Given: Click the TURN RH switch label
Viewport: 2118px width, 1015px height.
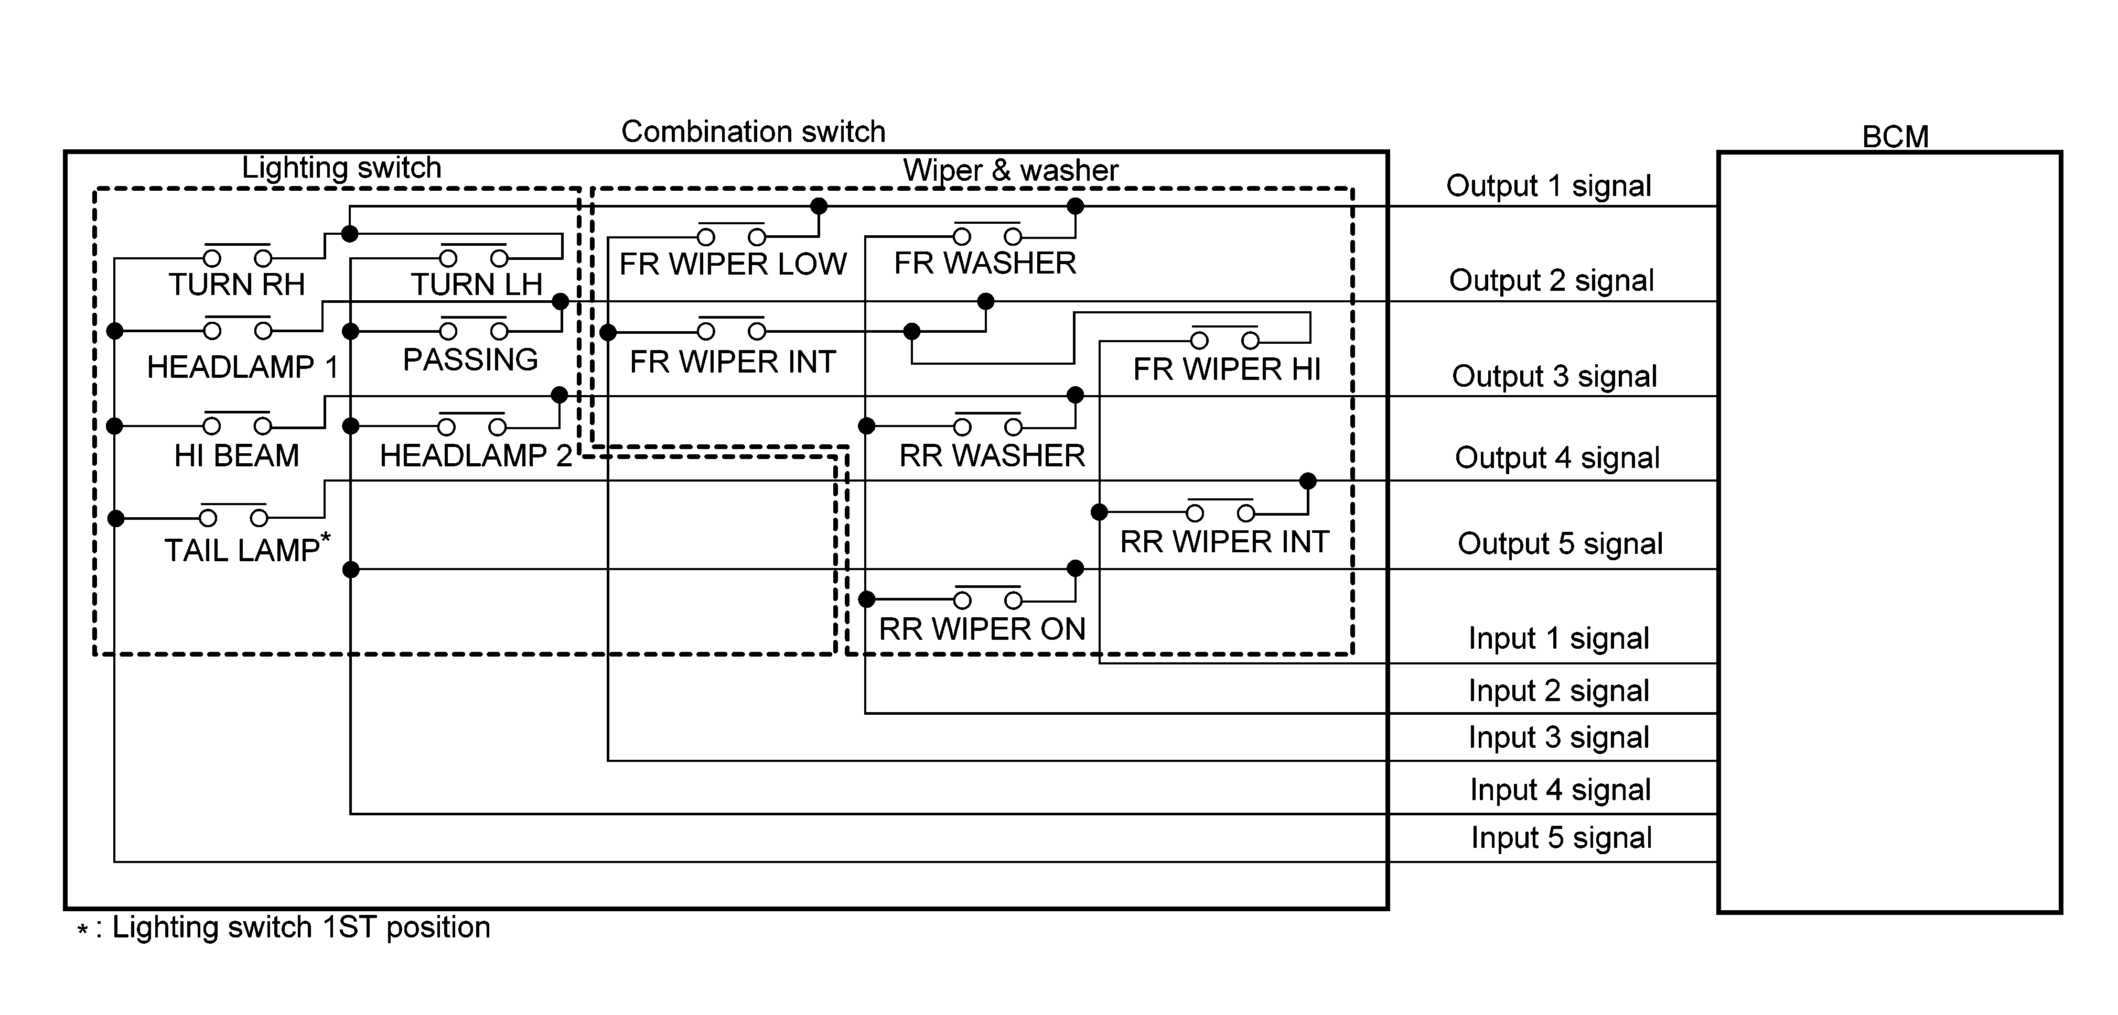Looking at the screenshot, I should [237, 285].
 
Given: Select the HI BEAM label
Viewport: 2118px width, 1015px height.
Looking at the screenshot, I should [237, 456].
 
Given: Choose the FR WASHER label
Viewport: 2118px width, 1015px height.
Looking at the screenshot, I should [985, 264].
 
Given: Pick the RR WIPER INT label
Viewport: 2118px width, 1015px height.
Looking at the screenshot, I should [1224, 542].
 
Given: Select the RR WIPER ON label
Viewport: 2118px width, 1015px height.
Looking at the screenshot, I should [983, 629].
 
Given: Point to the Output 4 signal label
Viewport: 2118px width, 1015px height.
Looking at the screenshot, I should [1557, 459].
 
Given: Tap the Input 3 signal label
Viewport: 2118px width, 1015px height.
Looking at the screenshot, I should [1559, 738].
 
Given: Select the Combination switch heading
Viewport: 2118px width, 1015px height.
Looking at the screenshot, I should [753, 132].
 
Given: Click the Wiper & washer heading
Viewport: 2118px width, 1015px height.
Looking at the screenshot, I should [1010, 171].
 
